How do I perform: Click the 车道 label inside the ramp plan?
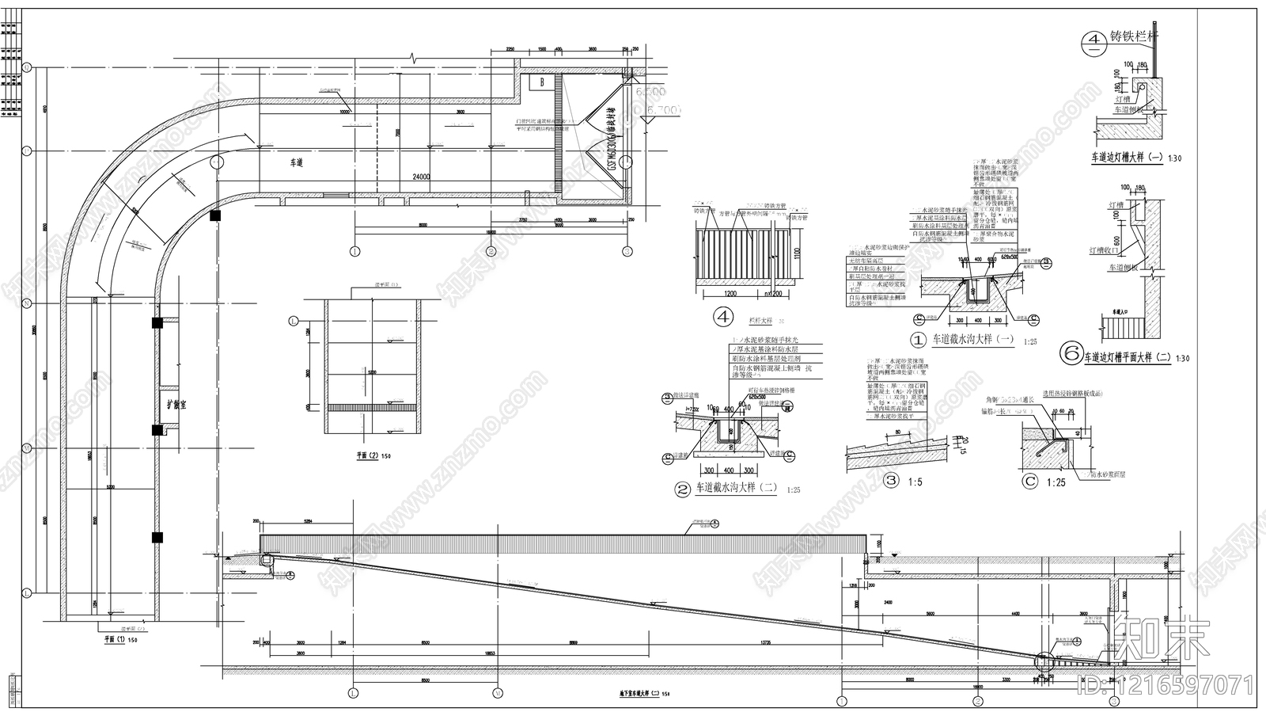297,162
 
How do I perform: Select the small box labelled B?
542,82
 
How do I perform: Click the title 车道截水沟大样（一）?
972,339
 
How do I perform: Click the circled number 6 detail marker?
1071,354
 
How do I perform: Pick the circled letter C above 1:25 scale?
1029,480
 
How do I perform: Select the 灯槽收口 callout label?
1105,250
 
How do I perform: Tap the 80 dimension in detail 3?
897,432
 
